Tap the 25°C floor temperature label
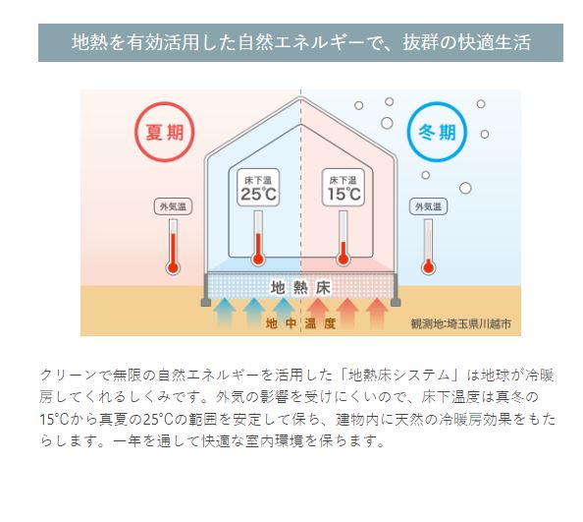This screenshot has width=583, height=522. coord(258,188)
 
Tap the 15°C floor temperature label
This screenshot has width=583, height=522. coord(344,188)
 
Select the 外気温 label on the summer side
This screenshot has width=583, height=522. coord(173,206)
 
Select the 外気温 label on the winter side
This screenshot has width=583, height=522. coord(428,206)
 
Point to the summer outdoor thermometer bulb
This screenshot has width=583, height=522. coord(173,267)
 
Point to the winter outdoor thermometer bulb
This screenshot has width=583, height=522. coord(428,267)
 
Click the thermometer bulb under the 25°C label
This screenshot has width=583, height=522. coord(258,259)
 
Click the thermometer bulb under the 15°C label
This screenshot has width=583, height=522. coord(343,259)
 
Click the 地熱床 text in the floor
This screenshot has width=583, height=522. coord(300,288)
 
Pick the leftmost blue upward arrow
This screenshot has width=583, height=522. coord(224,313)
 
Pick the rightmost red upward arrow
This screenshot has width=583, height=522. coord(377,313)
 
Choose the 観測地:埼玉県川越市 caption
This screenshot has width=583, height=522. coord(460,323)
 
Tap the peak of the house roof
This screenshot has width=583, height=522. coord(300,97)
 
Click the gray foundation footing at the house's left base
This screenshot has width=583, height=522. coord(206,290)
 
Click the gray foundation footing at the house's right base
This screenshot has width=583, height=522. coord(396,290)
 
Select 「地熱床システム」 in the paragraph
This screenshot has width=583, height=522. coord(399,375)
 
